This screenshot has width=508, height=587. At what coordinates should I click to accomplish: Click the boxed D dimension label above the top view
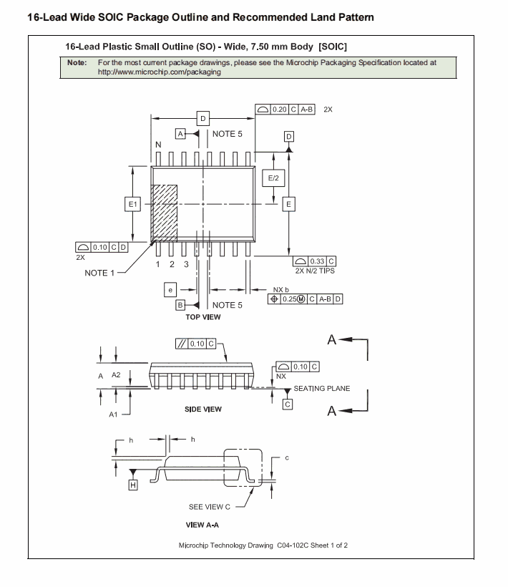tap(203, 118)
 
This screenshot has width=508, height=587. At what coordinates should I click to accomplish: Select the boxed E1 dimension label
tap(132, 205)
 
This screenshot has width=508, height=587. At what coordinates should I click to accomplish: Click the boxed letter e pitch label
tap(170, 289)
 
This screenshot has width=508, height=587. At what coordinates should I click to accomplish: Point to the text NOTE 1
tap(99, 273)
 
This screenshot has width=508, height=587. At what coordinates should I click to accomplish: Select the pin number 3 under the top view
tap(186, 264)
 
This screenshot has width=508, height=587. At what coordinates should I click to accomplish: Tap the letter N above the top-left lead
tap(158, 145)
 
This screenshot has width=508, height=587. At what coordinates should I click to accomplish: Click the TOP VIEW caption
tap(203, 317)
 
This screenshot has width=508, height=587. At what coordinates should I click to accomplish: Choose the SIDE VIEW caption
tap(203, 409)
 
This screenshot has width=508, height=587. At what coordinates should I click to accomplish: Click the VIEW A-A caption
tap(202, 525)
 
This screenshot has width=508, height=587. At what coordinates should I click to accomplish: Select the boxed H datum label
tap(132, 485)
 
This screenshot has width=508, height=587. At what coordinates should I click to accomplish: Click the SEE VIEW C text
tap(210, 507)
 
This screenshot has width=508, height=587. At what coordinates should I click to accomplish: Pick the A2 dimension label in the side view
tap(116, 375)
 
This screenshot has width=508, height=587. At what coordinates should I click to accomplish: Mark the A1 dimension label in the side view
tap(113, 414)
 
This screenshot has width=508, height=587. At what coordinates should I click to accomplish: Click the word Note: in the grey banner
tap(77, 63)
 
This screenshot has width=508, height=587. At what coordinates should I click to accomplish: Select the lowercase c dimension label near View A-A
tap(287, 457)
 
